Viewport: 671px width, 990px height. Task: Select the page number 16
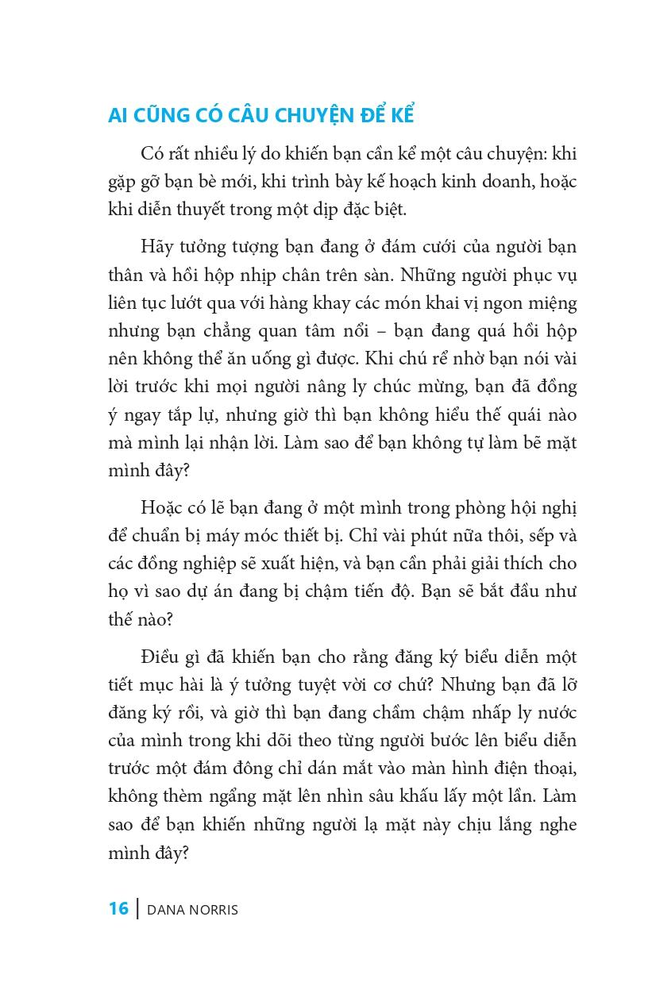tap(118, 908)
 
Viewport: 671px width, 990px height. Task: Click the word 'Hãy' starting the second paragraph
tap(156, 246)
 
